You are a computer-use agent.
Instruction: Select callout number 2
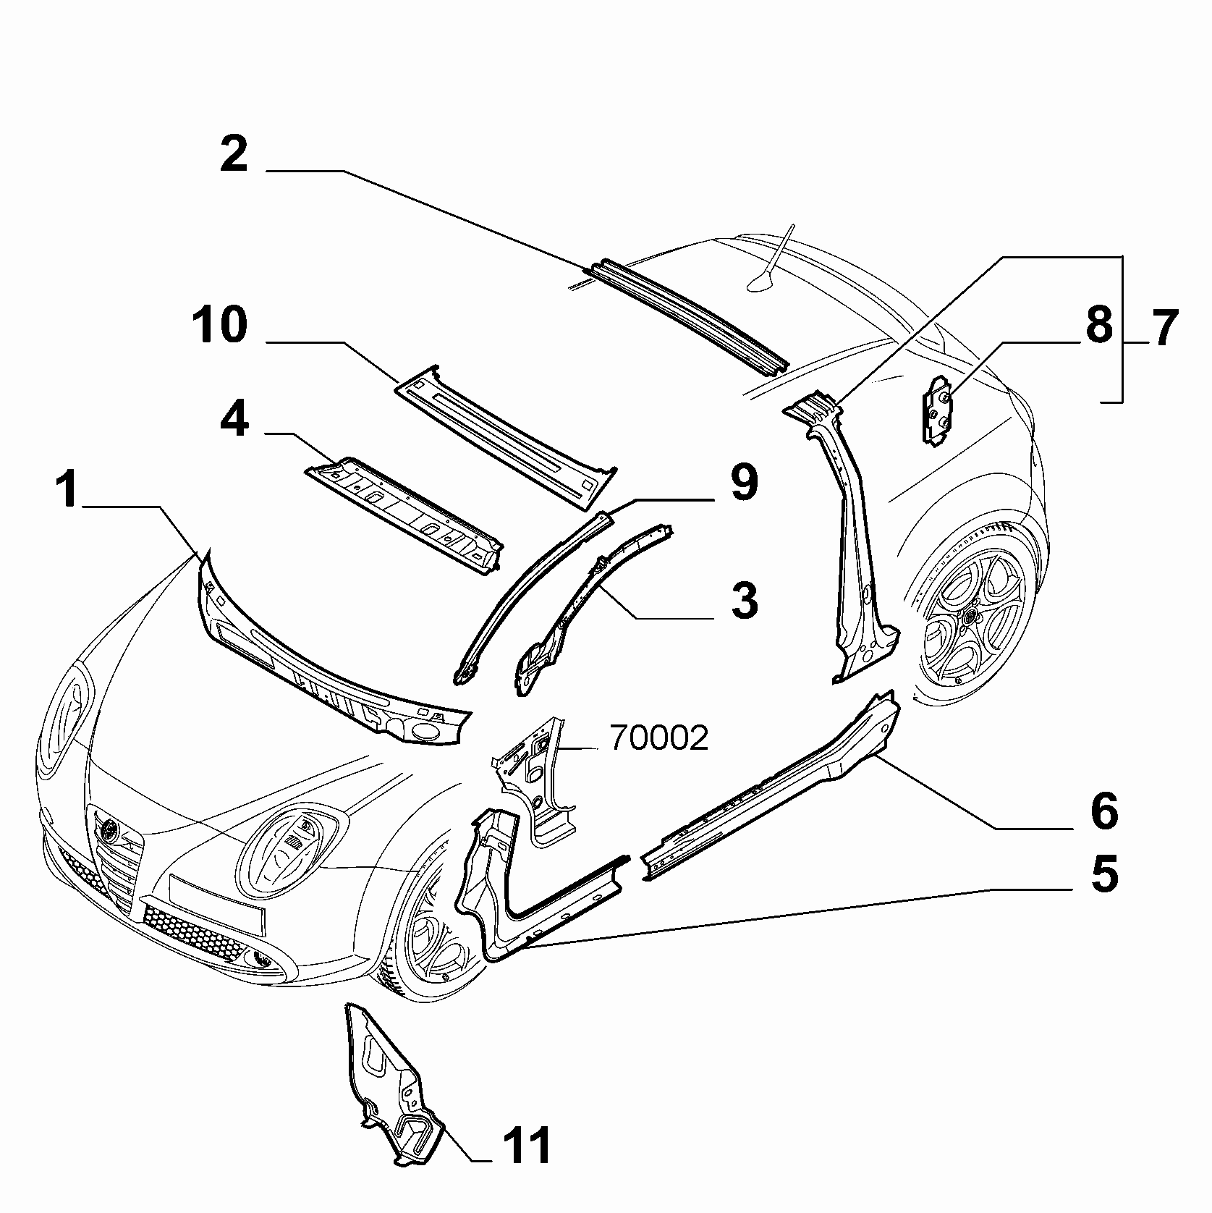(x=234, y=154)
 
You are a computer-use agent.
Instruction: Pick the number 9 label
(x=744, y=483)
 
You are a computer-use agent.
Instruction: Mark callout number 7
(x=1163, y=327)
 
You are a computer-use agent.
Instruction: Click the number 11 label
(x=526, y=1146)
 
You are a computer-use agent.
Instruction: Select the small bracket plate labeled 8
(x=938, y=409)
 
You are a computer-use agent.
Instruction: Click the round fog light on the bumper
(x=263, y=960)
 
